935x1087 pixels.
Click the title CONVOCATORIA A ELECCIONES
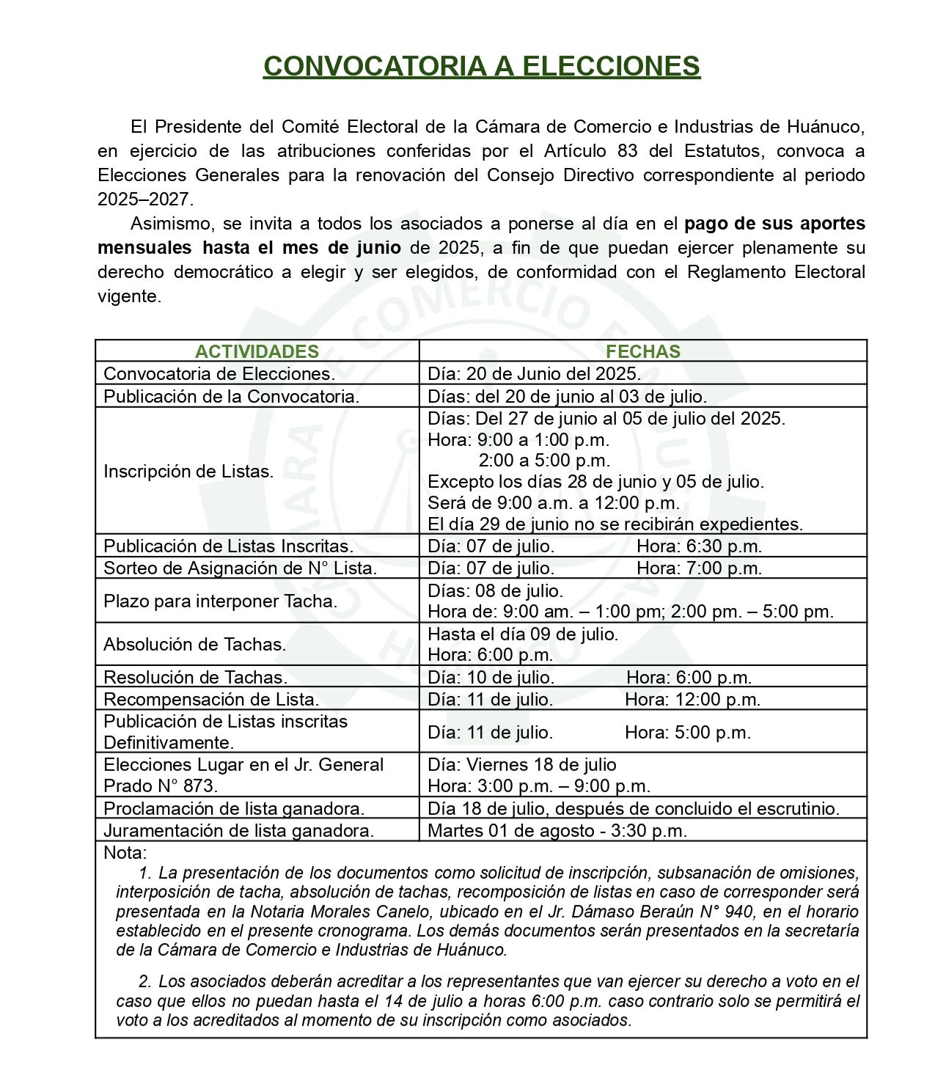tap(481, 67)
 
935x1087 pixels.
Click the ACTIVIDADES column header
tap(257, 351)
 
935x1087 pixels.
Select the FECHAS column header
tap(642, 351)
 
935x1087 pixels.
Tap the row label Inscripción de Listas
tap(188, 472)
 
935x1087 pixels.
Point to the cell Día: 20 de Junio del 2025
tap(534, 373)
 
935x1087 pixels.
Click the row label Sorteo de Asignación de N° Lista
tap(240, 568)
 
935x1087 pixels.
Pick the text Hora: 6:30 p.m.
tap(699, 546)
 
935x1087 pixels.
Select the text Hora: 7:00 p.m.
tap(699, 568)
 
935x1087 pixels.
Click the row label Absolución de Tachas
tap(194, 645)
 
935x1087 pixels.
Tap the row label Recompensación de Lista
tap(211, 699)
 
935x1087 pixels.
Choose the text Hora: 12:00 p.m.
tap(692, 699)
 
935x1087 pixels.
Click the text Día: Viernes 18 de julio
tap(521, 765)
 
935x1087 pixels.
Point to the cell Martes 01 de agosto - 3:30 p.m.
tap(557, 831)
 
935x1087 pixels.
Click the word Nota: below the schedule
tap(125, 853)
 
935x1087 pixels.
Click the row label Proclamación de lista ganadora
tap(234, 809)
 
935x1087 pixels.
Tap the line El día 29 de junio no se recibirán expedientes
tap(615, 524)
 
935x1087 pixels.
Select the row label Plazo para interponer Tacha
tap(220, 601)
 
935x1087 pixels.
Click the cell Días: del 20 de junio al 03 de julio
tap(567, 397)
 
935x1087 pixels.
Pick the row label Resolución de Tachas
tap(195, 677)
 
